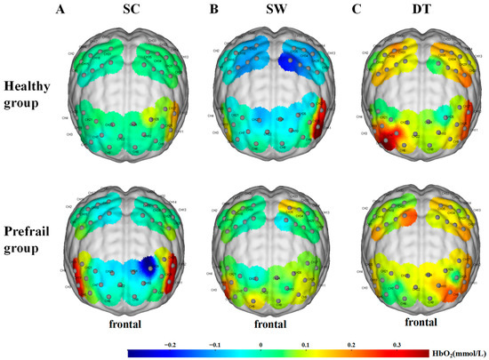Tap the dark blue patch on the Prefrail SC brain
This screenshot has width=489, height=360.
(148, 264)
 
